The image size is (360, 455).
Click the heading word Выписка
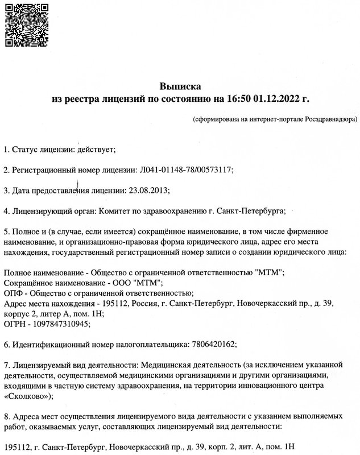click(x=180, y=86)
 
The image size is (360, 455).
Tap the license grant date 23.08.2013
click(x=150, y=191)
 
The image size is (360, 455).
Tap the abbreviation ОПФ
click(x=13, y=293)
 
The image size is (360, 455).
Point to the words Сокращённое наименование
click(x=51, y=283)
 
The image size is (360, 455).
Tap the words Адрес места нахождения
click(x=47, y=303)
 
